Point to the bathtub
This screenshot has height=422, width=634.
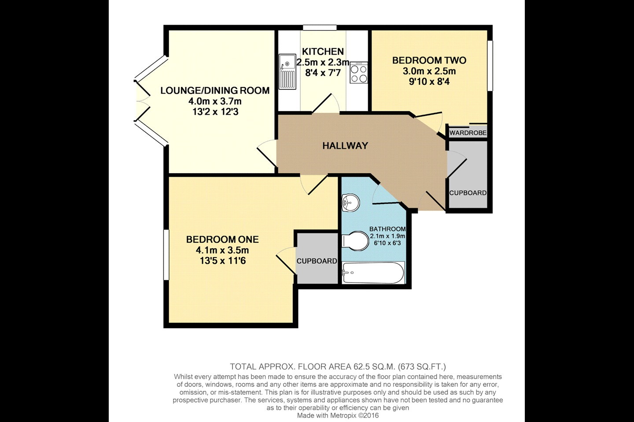373,273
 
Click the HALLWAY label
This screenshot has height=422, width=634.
345,146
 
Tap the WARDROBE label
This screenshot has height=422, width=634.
468,132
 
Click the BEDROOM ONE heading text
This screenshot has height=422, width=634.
222,240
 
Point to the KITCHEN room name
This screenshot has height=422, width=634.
323,52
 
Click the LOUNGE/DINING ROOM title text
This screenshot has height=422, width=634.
215,91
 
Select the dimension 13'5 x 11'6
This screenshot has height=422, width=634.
222,261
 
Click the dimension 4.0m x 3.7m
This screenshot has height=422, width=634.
215,101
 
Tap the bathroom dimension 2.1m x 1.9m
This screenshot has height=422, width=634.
387,236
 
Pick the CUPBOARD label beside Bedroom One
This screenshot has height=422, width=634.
317,261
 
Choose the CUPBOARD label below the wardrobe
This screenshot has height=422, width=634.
468,193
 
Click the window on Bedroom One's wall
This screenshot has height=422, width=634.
166,255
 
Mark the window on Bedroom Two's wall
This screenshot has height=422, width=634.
490,66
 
